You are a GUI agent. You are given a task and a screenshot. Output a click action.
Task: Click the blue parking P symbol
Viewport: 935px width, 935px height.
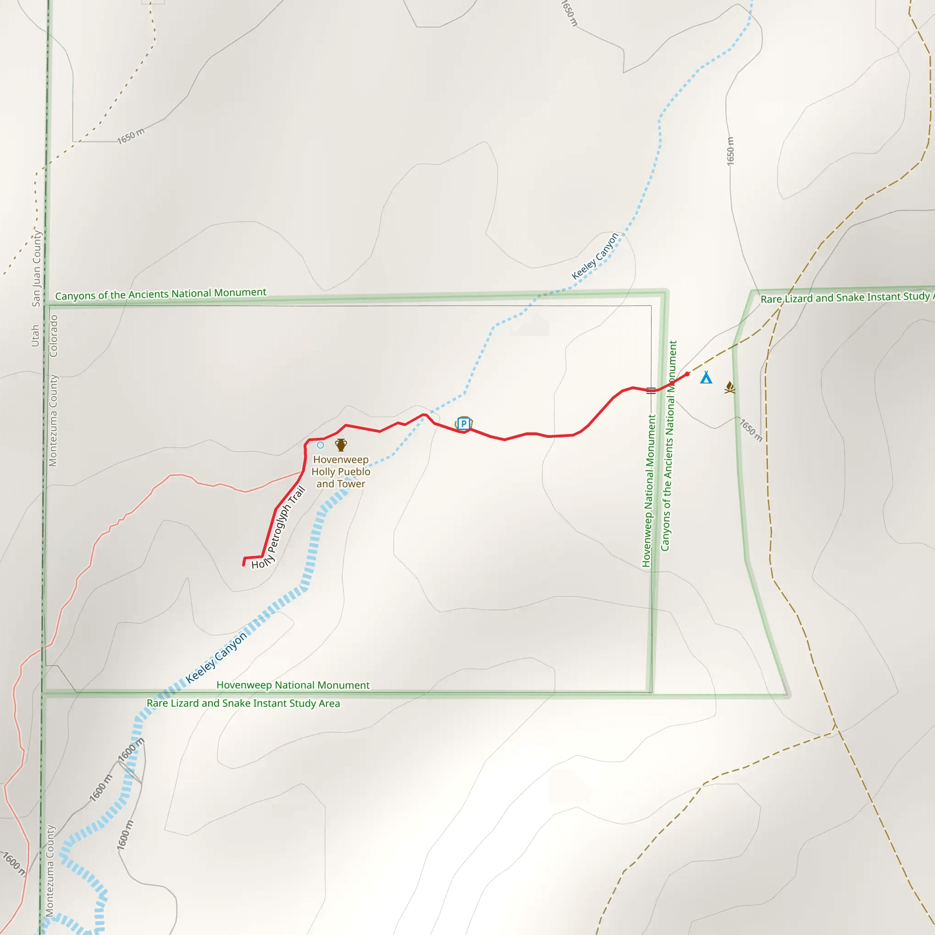coord(463,424)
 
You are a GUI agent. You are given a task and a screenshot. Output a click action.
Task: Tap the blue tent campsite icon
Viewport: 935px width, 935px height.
coord(706,378)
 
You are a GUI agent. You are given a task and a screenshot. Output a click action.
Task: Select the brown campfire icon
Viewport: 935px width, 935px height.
coord(730,387)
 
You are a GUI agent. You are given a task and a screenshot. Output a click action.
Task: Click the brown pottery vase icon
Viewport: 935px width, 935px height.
coord(341,444)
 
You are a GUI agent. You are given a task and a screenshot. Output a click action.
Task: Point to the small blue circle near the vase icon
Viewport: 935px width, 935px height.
coord(320,445)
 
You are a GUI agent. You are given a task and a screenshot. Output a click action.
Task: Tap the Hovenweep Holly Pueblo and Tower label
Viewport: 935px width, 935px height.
coord(341,471)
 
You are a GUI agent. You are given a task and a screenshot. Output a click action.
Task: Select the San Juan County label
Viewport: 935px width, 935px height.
coord(37,268)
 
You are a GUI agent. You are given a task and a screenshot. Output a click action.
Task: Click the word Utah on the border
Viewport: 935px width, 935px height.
coord(35,336)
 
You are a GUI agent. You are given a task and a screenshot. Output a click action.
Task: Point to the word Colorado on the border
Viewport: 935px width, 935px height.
coord(54,336)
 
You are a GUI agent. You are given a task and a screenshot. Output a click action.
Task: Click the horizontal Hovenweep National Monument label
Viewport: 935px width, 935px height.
coord(293,685)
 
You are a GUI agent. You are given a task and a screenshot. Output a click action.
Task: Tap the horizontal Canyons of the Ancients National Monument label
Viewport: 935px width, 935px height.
coord(161,294)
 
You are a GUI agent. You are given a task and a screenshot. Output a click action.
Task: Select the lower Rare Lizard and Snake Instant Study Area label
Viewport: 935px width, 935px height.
coord(243,703)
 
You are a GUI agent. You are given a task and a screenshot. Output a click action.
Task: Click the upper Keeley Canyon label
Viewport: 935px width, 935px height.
coord(595,256)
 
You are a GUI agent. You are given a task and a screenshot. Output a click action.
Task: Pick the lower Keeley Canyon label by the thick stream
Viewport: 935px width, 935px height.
coord(216,657)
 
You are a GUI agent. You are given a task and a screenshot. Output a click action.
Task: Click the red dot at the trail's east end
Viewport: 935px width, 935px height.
coord(687,373)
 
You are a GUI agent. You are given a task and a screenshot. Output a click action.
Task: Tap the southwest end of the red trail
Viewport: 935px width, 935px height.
coord(243,564)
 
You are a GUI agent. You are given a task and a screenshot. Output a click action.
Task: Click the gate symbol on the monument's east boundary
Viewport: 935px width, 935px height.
coord(651,390)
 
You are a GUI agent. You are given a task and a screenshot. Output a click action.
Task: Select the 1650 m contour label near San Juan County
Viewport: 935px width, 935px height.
coord(131,136)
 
